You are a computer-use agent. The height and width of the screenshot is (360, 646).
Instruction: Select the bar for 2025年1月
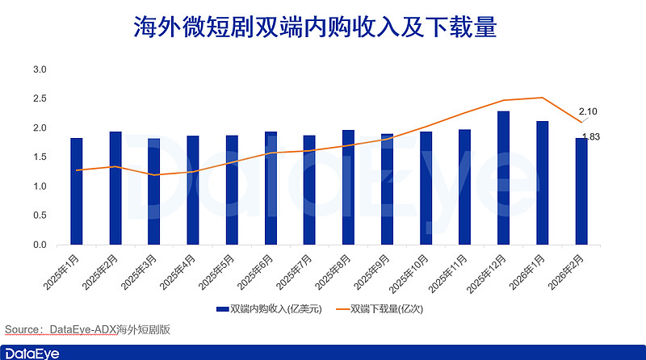[77, 192]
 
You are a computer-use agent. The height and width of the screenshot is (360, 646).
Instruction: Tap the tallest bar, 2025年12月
[503, 178]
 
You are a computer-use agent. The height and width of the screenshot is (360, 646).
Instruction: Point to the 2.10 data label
[588, 111]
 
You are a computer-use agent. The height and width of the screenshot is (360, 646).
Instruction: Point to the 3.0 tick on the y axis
[40, 70]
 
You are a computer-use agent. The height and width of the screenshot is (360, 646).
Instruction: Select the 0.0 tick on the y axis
[40, 245]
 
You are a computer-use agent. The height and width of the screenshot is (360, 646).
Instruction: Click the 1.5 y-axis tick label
[40, 157]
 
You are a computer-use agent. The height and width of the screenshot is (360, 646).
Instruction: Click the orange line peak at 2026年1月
[542, 98]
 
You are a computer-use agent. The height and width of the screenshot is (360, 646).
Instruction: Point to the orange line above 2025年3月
[154, 175]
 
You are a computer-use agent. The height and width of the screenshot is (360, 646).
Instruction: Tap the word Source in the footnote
[22, 329]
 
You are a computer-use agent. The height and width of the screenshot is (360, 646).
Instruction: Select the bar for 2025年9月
[387, 190]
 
